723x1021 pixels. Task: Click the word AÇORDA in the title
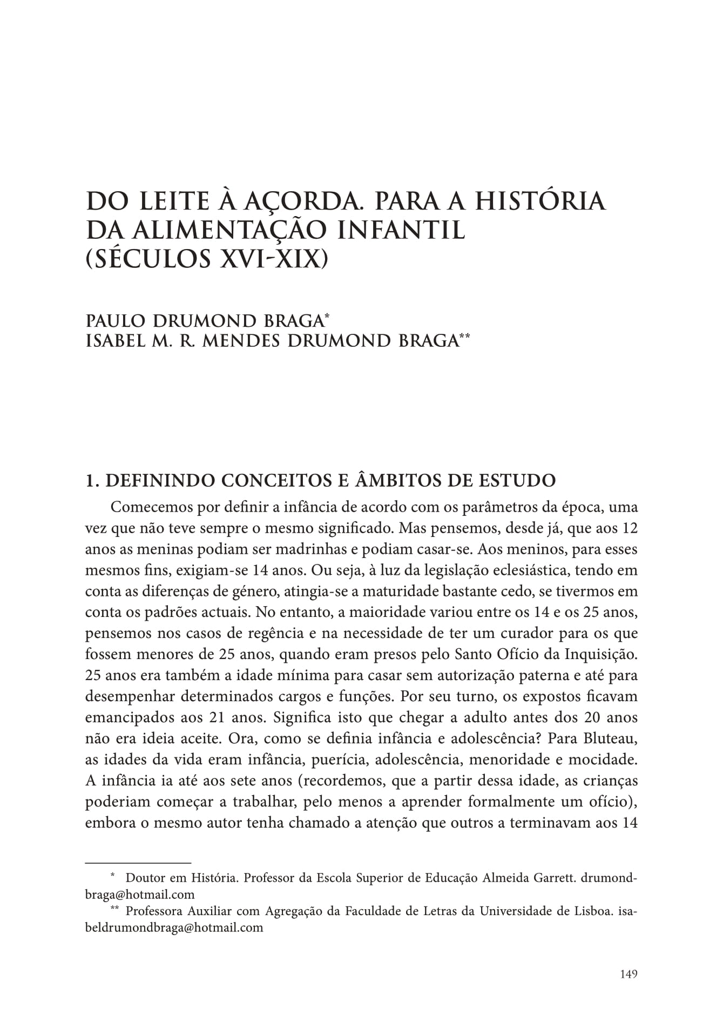click(x=294, y=201)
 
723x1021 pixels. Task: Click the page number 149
click(x=629, y=974)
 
